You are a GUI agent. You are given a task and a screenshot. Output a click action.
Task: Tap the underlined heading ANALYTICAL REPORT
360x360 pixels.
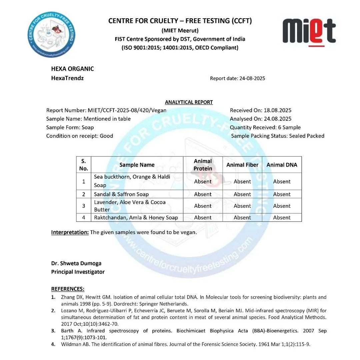point(189,102)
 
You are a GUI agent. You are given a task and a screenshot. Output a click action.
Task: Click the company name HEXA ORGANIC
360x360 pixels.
point(72,69)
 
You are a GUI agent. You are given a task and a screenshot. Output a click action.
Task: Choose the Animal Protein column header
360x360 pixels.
point(203,165)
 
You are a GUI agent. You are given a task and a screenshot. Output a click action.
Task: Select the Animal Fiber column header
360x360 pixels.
point(242,165)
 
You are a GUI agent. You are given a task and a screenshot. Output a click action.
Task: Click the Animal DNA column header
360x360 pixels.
point(282,165)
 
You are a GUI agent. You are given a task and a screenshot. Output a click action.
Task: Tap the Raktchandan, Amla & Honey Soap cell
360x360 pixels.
point(136,217)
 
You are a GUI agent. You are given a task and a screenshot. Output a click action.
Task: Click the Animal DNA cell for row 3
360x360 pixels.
point(282,206)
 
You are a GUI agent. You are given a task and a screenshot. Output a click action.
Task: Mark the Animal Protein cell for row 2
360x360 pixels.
point(203,194)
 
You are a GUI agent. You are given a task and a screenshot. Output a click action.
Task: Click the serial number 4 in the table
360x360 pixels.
point(84,217)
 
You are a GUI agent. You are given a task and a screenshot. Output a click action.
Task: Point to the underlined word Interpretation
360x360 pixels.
point(70,232)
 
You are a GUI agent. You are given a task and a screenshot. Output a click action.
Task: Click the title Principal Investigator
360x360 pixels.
point(78,272)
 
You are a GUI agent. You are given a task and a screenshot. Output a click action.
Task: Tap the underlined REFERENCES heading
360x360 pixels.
point(68,288)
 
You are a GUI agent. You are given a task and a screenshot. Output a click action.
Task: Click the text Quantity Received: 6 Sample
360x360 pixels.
point(265,127)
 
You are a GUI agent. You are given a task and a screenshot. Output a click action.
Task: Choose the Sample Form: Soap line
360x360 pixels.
point(70,127)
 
